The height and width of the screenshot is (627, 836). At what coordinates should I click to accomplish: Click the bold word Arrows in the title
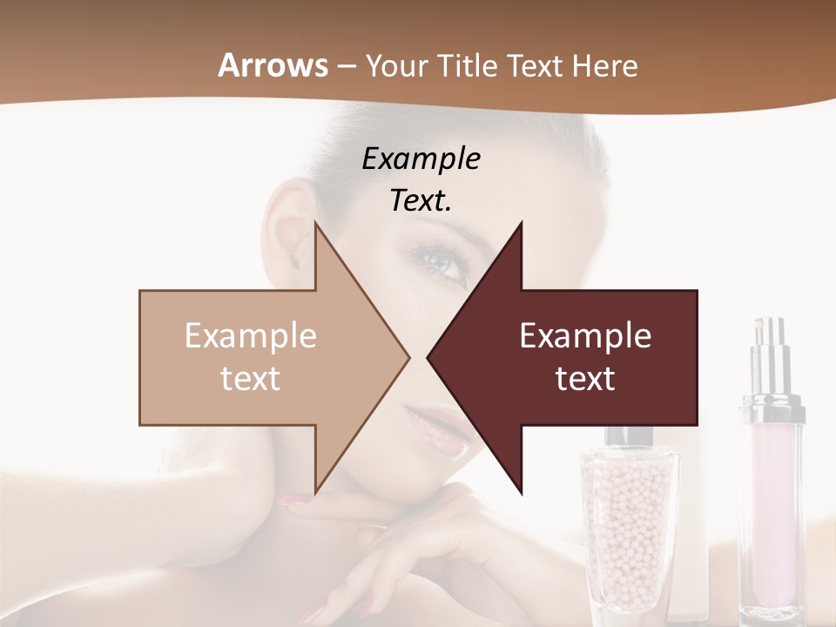[x=273, y=65]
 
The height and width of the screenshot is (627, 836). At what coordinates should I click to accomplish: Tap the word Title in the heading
[x=471, y=65]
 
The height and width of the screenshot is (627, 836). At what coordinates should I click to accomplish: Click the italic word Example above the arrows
[x=421, y=158]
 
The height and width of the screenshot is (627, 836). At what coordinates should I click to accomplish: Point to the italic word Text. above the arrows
[x=421, y=200]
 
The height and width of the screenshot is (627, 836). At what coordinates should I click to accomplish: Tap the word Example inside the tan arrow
[x=251, y=335]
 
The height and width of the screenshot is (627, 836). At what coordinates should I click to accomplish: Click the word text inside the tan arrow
[x=251, y=379]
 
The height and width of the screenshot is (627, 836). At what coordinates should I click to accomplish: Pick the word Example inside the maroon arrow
[x=585, y=335]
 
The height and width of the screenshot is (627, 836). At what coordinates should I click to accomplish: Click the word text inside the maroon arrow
[x=585, y=379]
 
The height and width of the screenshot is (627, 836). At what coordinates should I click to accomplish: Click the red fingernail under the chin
[x=293, y=501]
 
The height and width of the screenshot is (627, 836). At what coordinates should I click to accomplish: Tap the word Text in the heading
[x=538, y=65]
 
